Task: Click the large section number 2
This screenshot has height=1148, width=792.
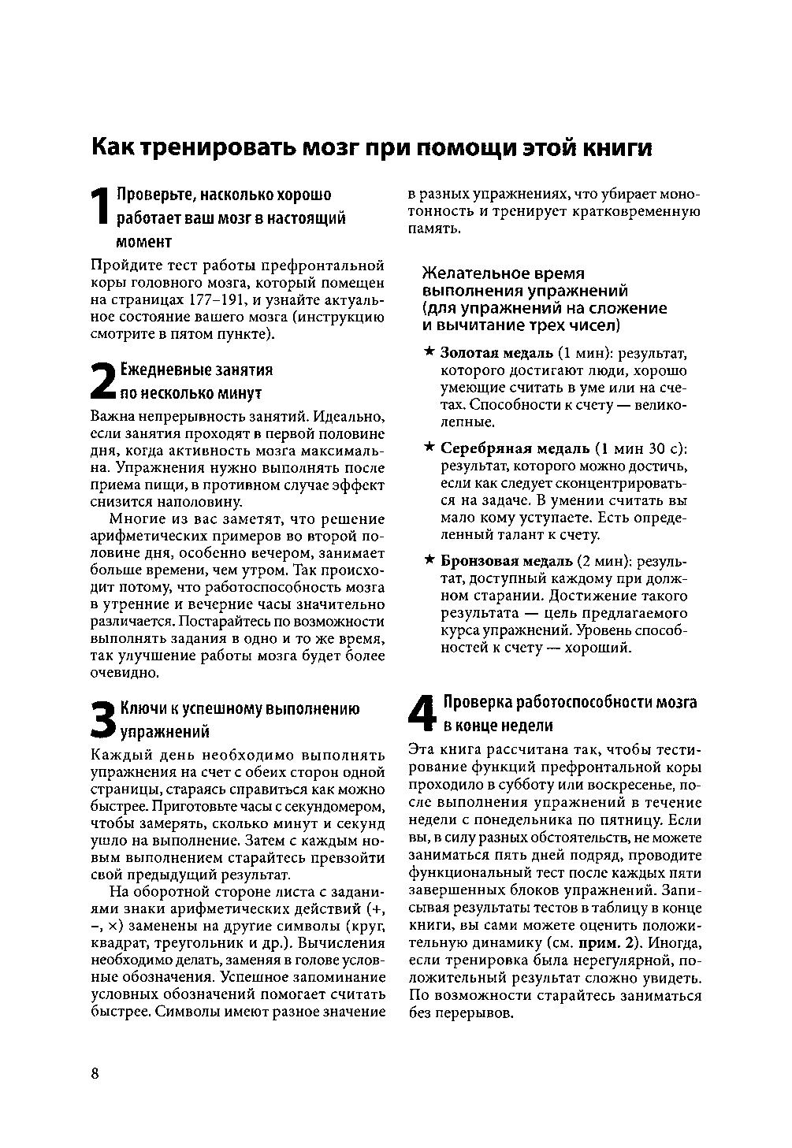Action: [103, 380]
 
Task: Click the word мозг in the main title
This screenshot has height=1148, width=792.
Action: [324, 147]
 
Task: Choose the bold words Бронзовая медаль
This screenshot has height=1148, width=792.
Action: [506, 561]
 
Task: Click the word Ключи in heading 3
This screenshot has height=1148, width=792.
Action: [141, 708]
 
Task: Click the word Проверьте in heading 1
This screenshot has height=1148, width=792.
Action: [153, 195]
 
